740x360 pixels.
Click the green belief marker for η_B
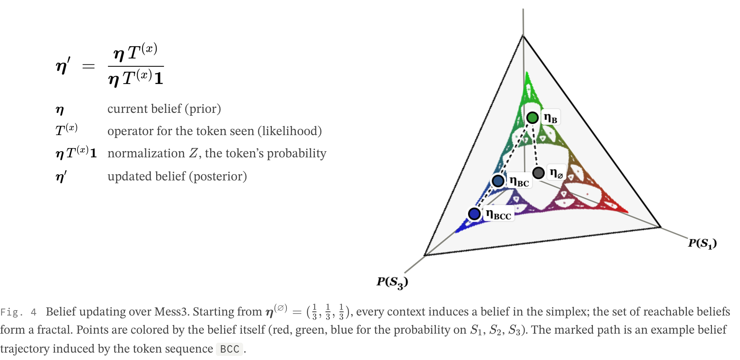click(532, 118)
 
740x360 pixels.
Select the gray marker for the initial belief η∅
click(539, 173)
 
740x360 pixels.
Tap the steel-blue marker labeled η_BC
click(498, 181)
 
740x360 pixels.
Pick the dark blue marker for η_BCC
click(475, 214)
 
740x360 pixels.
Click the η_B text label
click(550, 118)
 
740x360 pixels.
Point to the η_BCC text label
click(499, 214)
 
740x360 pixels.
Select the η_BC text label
click(519, 181)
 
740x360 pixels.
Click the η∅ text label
click(556, 173)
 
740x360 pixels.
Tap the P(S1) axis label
click(703, 243)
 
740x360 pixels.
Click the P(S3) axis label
click(392, 283)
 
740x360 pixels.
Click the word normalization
click(146, 153)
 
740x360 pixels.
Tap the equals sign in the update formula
click(89, 66)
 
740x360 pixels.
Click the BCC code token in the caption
click(229, 349)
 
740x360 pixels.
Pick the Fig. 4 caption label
click(19, 312)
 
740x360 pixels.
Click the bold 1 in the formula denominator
click(159, 78)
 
